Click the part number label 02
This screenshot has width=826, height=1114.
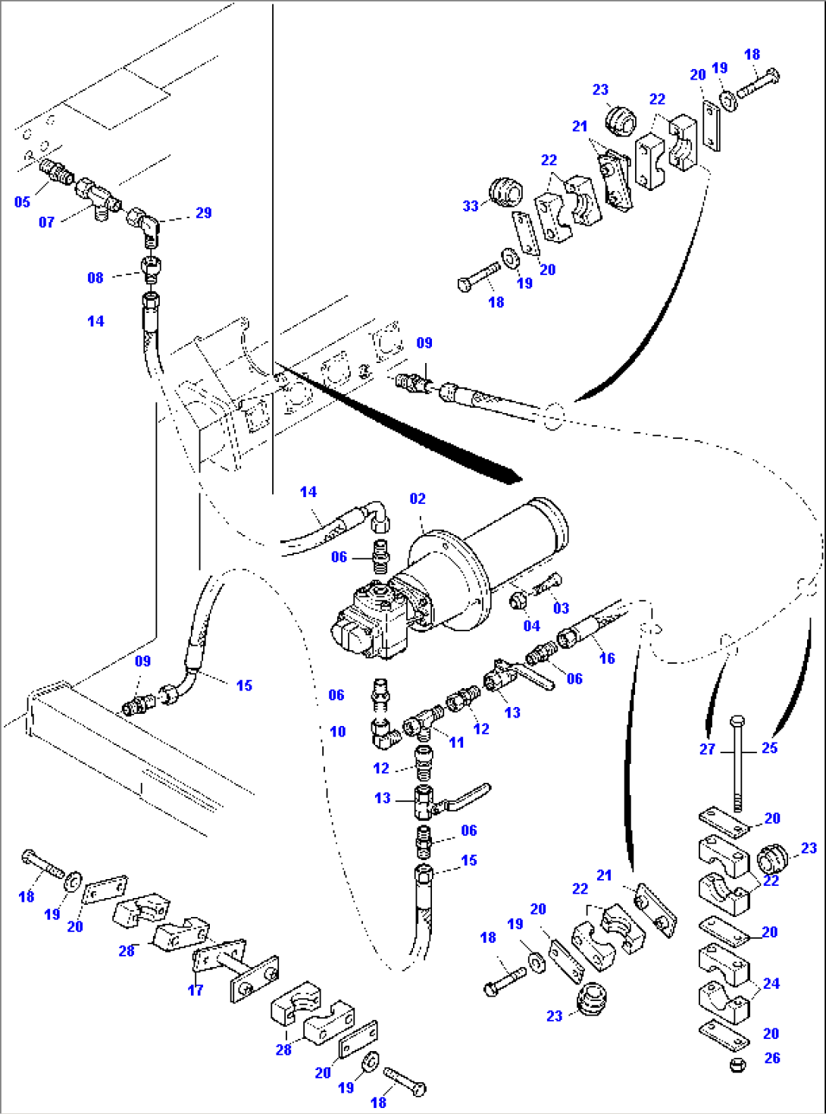[x=418, y=499]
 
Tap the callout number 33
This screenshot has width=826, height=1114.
[x=471, y=205]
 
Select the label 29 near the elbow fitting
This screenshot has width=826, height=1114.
[x=203, y=213]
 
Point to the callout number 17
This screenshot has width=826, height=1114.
[x=196, y=990]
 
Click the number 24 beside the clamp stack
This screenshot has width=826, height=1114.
[x=771, y=983]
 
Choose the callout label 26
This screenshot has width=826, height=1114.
[x=772, y=1058]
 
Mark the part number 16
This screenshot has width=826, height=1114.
[x=607, y=658]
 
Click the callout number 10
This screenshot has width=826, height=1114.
[x=337, y=731]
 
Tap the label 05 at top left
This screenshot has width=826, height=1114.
[x=22, y=202]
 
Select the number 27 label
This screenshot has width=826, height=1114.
[x=707, y=749]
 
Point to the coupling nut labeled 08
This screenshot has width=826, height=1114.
[x=151, y=267]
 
